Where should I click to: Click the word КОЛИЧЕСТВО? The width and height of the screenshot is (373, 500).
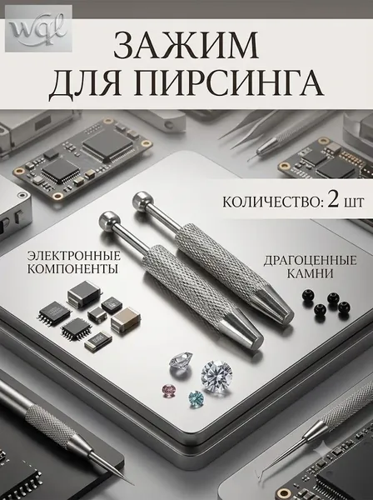click(271, 202)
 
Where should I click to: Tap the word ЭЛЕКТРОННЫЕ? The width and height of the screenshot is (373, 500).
click(74, 256)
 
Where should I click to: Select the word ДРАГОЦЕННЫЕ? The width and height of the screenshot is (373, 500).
click(310, 261)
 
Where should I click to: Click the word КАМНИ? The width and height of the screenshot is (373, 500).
click(310, 274)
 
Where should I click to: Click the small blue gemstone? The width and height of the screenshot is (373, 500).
click(196, 399)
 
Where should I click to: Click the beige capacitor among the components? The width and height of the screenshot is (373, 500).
click(127, 319)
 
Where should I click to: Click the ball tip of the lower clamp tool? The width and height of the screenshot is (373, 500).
click(108, 220)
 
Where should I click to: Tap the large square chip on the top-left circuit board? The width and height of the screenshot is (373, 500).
click(107, 144)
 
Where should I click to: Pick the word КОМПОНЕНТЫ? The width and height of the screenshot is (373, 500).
click(73, 269)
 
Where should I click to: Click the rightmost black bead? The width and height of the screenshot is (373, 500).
click(345, 307)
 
